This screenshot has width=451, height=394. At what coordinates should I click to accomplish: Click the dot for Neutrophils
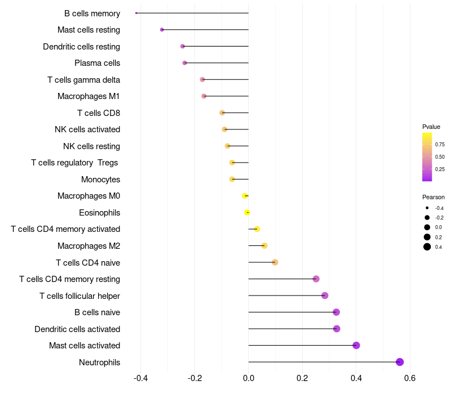click(400, 362)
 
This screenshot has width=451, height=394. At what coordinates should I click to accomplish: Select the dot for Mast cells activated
click(356, 346)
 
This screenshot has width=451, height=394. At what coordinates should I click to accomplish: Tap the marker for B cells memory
click(136, 13)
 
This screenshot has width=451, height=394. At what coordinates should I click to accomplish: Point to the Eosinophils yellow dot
click(247, 213)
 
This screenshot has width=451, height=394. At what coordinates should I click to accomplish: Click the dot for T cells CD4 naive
click(275, 262)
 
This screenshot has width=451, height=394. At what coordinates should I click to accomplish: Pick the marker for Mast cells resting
click(162, 29)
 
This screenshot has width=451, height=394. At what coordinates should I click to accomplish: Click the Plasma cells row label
click(97, 63)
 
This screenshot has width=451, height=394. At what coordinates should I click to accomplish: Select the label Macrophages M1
click(89, 96)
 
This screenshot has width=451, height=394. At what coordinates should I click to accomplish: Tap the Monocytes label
click(100, 180)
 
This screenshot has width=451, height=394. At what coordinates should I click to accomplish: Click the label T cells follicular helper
click(79, 296)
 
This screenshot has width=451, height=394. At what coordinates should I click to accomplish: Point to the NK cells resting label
click(91, 146)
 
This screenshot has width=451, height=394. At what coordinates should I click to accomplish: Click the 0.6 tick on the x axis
click(410, 377)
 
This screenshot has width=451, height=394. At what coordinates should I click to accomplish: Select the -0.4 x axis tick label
click(140, 377)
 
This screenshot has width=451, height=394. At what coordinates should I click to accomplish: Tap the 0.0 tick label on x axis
click(249, 377)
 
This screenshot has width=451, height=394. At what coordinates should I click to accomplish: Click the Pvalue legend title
click(431, 127)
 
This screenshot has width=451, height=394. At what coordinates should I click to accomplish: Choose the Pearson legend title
click(434, 197)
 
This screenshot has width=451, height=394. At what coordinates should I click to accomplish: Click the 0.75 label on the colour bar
click(440, 145)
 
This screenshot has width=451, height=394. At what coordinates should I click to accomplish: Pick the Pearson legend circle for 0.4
click(427, 247)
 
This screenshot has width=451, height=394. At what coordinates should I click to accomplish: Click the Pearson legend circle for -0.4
click(427, 208)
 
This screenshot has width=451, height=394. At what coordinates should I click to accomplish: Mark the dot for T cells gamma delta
click(202, 79)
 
